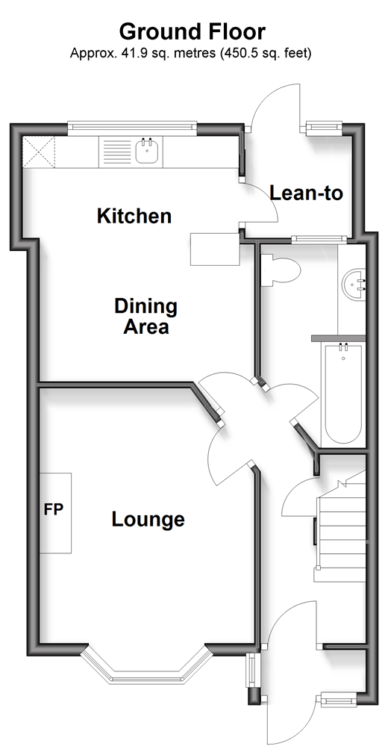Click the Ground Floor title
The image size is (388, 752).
click(192, 31)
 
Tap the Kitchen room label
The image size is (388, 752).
click(134, 216)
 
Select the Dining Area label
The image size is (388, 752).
click(146, 317)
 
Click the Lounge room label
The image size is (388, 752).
click(148, 520)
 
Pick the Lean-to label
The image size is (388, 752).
click(307, 193)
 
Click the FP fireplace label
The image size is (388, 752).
click(54, 509)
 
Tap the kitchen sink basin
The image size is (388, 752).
click(148, 152)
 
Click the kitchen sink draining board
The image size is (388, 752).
click(117, 152)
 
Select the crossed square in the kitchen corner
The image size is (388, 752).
click(38, 152)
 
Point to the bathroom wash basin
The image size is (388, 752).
click(354, 283)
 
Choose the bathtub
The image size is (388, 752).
click(342, 394)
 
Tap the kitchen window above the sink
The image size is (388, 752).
click(132, 127)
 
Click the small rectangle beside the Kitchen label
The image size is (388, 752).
click(215, 249)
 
